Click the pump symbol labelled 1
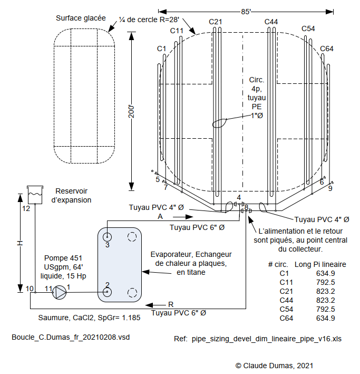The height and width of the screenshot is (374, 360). pyautogui.click(x=60, y=292)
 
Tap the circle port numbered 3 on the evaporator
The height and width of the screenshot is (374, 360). pyautogui.click(x=107, y=237)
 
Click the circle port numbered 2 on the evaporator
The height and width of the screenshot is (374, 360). pyautogui.click(x=107, y=292)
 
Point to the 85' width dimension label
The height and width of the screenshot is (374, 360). pyautogui.click(x=247, y=11)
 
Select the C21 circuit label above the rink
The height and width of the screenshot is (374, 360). pyautogui.click(x=216, y=22)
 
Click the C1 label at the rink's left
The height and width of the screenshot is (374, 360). pyautogui.click(x=162, y=49)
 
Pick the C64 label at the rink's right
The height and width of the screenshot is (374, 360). pyautogui.click(x=327, y=49)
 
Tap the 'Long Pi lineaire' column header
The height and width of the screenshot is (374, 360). pyautogui.click(x=320, y=264)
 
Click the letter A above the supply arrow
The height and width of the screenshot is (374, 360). pyautogui.click(x=160, y=216)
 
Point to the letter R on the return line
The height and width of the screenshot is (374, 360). pyautogui.click(x=170, y=304)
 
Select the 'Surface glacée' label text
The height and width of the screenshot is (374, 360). pyautogui.click(x=80, y=18)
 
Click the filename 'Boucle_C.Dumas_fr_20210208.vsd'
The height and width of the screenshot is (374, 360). pyautogui.click(x=70, y=337)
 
